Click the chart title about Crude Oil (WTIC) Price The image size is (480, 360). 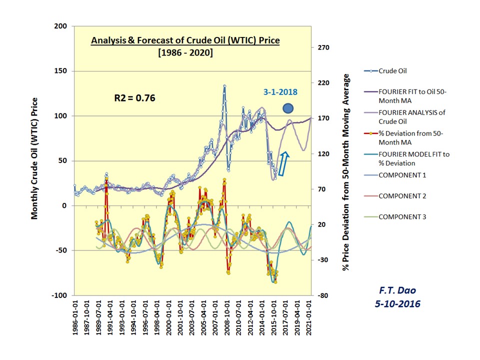point(185,40)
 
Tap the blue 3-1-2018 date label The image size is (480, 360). point(280,92)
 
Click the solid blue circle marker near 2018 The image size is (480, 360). point(288,108)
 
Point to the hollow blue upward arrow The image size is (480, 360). point(283,164)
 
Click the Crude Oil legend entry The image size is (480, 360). point(393,71)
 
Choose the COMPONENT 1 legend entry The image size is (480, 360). point(403,175)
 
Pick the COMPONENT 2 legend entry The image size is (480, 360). point(403,196)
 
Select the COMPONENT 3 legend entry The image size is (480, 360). point(403,217)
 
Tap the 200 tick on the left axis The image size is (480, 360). point(62,26)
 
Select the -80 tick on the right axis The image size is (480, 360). point(322,295)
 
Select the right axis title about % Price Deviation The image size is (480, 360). point(345,172)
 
